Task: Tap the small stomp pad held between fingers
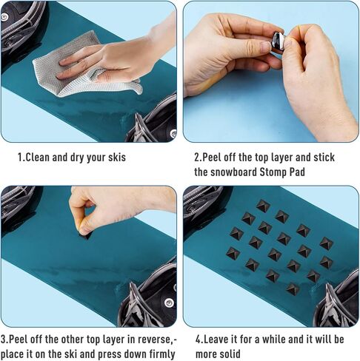(x=277, y=41)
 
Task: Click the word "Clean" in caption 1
(x=38, y=158)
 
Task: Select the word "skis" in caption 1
(x=117, y=158)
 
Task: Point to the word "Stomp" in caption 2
(x=273, y=172)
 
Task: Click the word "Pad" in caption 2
(x=297, y=172)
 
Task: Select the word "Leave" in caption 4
(x=216, y=340)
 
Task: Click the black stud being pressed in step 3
(x=85, y=235)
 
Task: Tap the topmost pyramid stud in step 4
(x=263, y=206)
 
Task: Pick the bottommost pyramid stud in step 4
(x=293, y=289)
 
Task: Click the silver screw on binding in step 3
(x=169, y=303)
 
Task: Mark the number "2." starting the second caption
(x=198, y=158)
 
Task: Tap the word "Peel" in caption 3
(x=18, y=340)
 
